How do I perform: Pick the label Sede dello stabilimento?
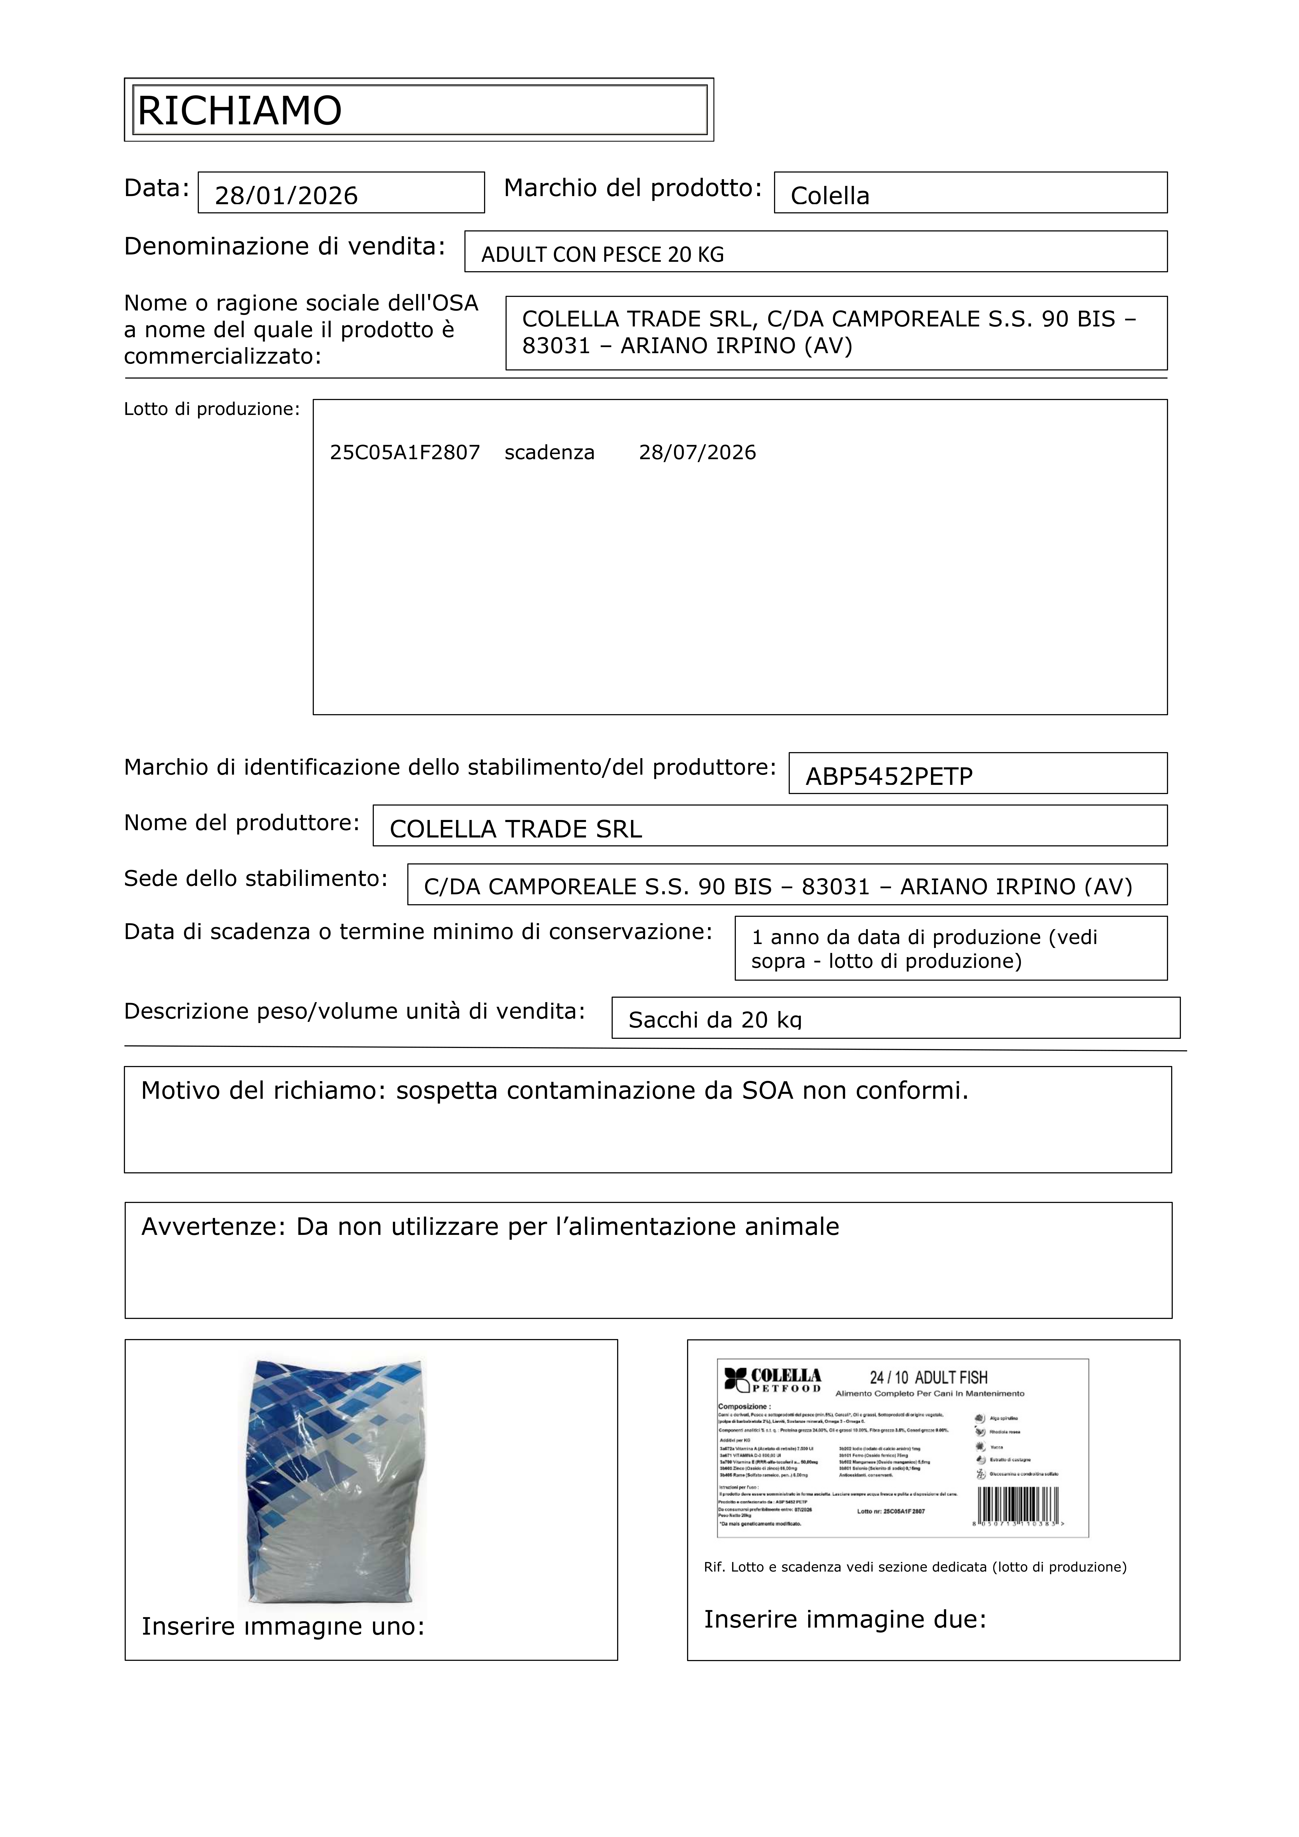coord(255,879)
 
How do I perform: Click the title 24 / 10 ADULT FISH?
coord(928,1378)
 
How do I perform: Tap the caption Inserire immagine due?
coord(845,1619)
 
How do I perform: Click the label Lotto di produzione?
coord(211,410)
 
